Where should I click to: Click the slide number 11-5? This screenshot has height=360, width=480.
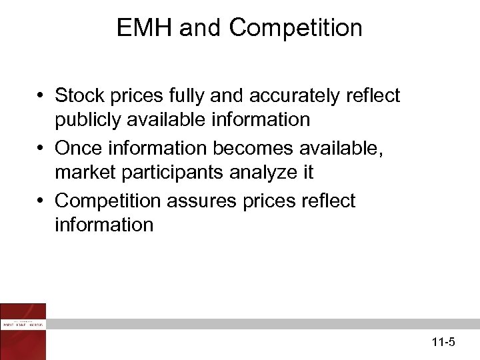pos(443,343)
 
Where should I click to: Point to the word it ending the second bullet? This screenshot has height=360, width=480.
pos(307,172)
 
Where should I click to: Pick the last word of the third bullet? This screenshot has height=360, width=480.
pos(104,225)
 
